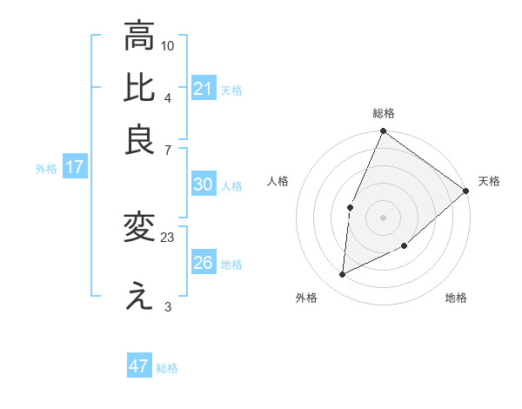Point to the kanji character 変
pyautogui.click(x=139, y=228)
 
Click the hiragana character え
pyautogui.click(x=139, y=297)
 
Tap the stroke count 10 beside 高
pyautogui.click(x=169, y=44)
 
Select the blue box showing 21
pyautogui.click(x=204, y=89)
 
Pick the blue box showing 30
pyautogui.click(x=204, y=184)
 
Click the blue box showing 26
pyautogui.click(x=204, y=263)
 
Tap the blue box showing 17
pyautogui.click(x=75, y=167)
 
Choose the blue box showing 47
pyautogui.click(x=139, y=366)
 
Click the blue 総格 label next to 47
pyautogui.click(x=167, y=368)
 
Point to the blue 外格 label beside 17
pyautogui.click(x=46, y=169)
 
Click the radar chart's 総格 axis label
pyautogui.click(x=384, y=113)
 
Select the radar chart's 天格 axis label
pyautogui.click(x=489, y=181)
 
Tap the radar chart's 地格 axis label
pyautogui.click(x=456, y=298)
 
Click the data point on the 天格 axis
pyautogui.click(x=465, y=191)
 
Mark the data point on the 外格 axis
pyautogui.click(x=343, y=274)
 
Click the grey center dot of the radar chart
pyautogui.click(x=383, y=217)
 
